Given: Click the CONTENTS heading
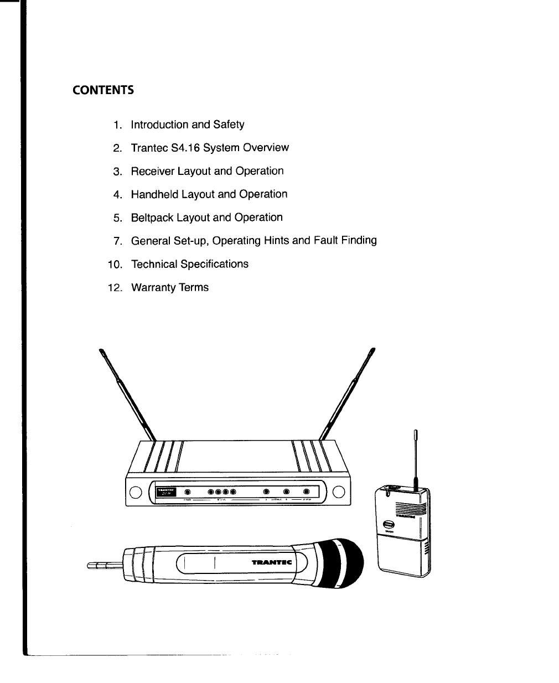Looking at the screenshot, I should point(103,90).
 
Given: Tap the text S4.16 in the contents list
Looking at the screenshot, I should point(183,148).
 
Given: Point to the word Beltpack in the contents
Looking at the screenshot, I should point(152,218).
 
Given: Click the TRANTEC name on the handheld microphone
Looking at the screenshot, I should point(272,562).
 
